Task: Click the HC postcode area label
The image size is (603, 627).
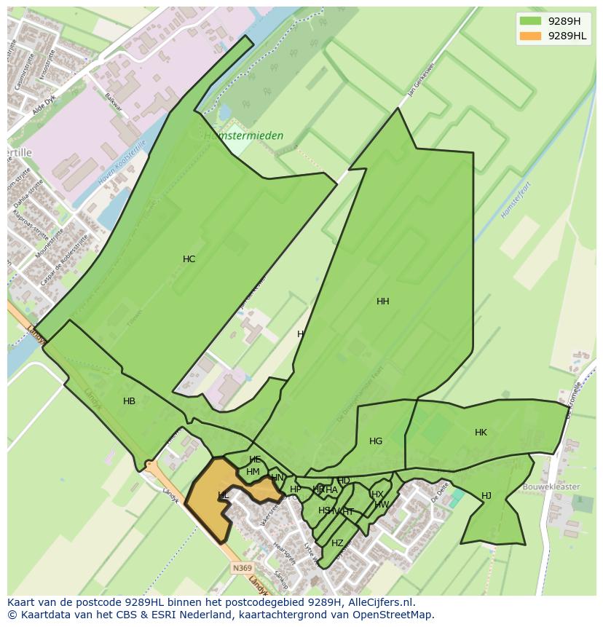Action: click(x=189, y=259)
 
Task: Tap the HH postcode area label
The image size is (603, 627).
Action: click(x=382, y=301)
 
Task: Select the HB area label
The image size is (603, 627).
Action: click(x=129, y=401)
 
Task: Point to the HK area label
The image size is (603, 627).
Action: click(x=481, y=433)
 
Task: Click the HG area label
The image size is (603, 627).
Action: click(x=376, y=441)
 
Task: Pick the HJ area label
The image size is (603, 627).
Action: click(x=486, y=496)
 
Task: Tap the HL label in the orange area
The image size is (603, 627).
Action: click(x=223, y=495)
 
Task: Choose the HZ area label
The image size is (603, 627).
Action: click(x=337, y=543)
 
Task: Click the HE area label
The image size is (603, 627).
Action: click(x=255, y=460)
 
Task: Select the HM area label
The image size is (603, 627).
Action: click(x=253, y=472)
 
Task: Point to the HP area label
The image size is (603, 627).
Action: click(x=295, y=489)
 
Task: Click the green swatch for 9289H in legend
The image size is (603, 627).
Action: click(x=531, y=20)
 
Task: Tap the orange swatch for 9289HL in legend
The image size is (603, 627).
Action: click(x=531, y=36)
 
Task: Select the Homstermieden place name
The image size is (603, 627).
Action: click(x=243, y=135)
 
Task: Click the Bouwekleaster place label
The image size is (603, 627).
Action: click(x=551, y=486)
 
